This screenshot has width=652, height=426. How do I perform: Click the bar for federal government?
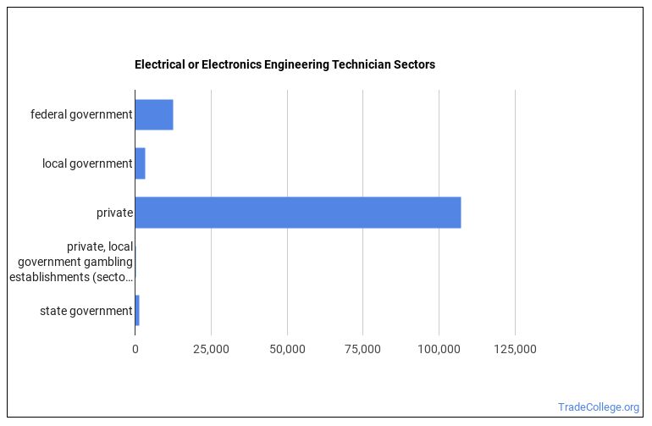[x=154, y=114]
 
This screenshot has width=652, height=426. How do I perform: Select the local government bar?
[x=140, y=163]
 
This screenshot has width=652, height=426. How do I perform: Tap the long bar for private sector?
[x=297, y=213]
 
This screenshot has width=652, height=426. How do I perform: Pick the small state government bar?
[x=137, y=311]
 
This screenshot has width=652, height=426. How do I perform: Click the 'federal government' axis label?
[x=81, y=114]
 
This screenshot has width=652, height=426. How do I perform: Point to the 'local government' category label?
[x=87, y=163]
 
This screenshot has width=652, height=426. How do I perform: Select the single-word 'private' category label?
[x=114, y=213]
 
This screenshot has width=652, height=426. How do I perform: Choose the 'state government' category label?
[x=86, y=311]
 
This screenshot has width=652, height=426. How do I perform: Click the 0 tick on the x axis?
[x=135, y=349]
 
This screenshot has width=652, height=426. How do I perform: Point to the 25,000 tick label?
[x=211, y=349]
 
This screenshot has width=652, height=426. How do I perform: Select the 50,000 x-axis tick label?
[x=287, y=349]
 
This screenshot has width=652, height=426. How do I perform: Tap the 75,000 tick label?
[x=362, y=349]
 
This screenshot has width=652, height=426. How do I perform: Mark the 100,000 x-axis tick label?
[x=439, y=349]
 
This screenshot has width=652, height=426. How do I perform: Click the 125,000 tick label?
[x=515, y=349]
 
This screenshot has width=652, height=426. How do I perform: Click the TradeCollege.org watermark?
[x=599, y=407]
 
